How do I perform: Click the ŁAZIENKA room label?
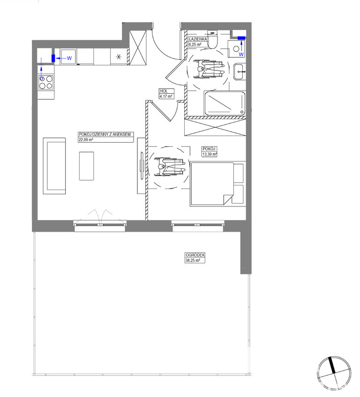[x=198, y=39]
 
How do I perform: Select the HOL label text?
[x=164, y=91]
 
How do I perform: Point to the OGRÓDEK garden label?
[x=195, y=255]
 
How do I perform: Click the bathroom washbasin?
[x=239, y=72]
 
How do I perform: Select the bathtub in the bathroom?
[x=225, y=103]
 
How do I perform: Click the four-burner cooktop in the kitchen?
[x=46, y=82]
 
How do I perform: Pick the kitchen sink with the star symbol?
[x=119, y=57]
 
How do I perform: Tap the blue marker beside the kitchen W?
[x=53, y=58]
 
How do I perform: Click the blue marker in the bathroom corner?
[x=241, y=38]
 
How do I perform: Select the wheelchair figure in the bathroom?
[x=209, y=69]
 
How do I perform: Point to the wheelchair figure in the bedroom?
[x=170, y=167]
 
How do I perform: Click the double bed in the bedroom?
[x=212, y=183]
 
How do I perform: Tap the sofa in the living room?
[x=54, y=166]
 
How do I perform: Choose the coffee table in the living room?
[x=87, y=166]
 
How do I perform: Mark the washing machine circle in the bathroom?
[x=236, y=49]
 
